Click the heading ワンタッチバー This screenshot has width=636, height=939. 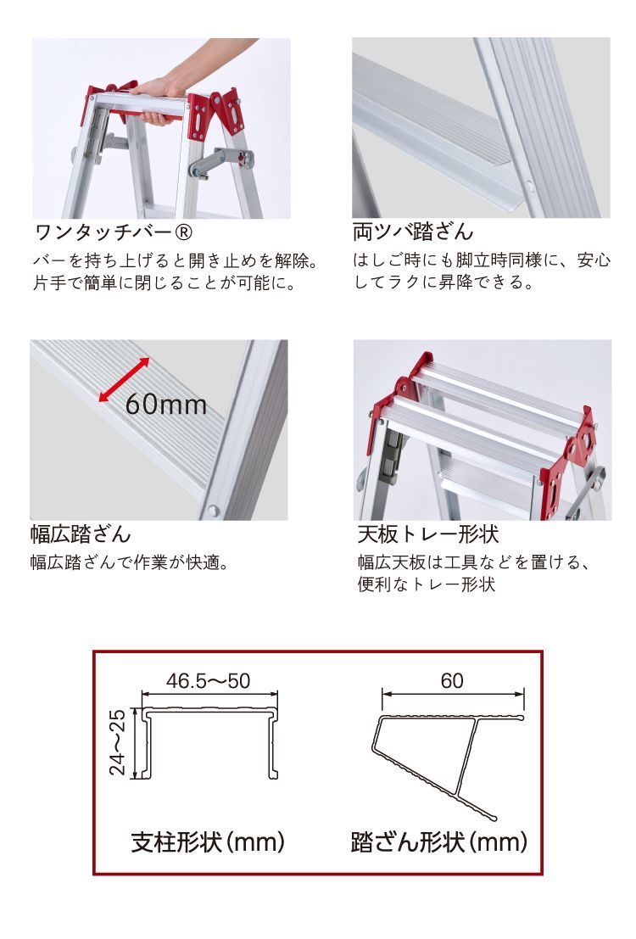coord(105,232)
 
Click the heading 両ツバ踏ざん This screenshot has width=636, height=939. coord(413,232)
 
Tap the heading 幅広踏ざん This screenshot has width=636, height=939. coord(81,534)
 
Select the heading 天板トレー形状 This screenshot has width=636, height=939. coord(428,534)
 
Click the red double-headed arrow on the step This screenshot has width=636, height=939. coord(124,379)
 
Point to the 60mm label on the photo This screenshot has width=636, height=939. coord(166,405)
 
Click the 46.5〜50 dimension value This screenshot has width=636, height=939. coord(209,681)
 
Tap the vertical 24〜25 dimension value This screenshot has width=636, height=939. coord(118,742)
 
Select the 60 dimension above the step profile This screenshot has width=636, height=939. coord(452,681)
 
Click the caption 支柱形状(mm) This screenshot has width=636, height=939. coord(208,842)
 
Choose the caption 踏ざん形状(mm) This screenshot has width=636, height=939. coord(439,842)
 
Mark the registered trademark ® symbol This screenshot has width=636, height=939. coord(187,232)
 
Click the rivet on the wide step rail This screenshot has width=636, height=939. coord(213,511)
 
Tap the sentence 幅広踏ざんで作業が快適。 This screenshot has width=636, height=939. coord(130,563)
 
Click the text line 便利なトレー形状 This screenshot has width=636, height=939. coord(427,584)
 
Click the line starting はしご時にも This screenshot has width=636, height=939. coord(482,260)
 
